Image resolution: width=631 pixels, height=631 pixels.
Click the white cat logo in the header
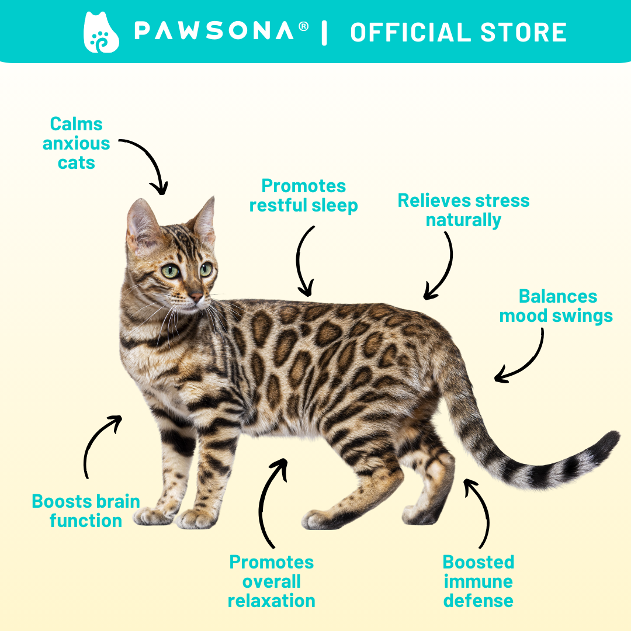pyautogui.click(x=101, y=32)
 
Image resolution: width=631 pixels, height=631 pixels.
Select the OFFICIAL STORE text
pyautogui.click(x=459, y=32)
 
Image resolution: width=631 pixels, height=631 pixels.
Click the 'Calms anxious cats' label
pyautogui.click(x=76, y=143)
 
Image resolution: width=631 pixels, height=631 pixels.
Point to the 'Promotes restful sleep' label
pyautogui.click(x=303, y=196)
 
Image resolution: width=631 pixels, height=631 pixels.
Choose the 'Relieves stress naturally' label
pyautogui.click(x=463, y=210)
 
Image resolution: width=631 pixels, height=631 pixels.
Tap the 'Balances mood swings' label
pyautogui.click(x=556, y=306)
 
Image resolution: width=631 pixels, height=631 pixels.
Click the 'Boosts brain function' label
pyautogui.click(x=86, y=511)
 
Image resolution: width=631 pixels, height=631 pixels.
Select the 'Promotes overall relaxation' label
pyautogui.click(x=272, y=581)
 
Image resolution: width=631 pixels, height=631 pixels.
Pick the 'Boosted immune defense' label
pyautogui.click(x=479, y=581)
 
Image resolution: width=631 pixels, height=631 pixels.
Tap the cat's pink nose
pyautogui.click(x=196, y=297)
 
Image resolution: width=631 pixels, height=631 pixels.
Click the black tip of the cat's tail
pyautogui.click(x=608, y=440)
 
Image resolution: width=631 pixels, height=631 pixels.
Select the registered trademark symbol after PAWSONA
pyautogui.click(x=304, y=26)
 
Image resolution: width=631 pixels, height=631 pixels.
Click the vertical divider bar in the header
pyautogui.click(x=324, y=33)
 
